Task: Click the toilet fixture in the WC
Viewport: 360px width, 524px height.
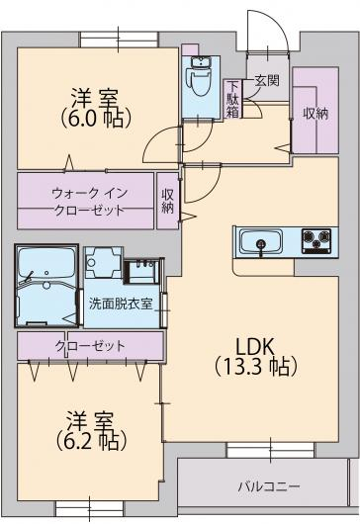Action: coord(201,82)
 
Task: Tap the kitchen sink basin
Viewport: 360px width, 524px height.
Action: coord(261,242)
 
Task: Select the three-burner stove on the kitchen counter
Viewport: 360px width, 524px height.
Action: coord(315,240)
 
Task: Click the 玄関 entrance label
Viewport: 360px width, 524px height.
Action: coord(267,80)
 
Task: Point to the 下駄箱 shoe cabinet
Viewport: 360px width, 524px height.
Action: coord(233,99)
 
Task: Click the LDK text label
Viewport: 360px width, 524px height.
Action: coord(255,347)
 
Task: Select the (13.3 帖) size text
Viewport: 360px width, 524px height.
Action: coord(256,366)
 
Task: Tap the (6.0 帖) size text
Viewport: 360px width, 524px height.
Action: coord(95,118)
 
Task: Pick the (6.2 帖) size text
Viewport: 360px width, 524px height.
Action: coord(91,441)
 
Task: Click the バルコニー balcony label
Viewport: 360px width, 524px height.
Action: coord(269,486)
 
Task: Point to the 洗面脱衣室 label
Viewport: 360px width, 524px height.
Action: coord(121,304)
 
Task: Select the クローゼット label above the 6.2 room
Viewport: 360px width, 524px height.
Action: coord(90,346)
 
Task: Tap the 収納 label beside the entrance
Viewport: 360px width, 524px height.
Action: coord(315,114)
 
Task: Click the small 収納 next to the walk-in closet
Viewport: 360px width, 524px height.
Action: coord(168,201)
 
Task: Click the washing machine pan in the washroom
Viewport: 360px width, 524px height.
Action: coord(104,262)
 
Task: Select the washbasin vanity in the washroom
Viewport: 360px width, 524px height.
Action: coord(141,271)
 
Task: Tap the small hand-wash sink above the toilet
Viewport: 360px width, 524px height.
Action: coord(200,62)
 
